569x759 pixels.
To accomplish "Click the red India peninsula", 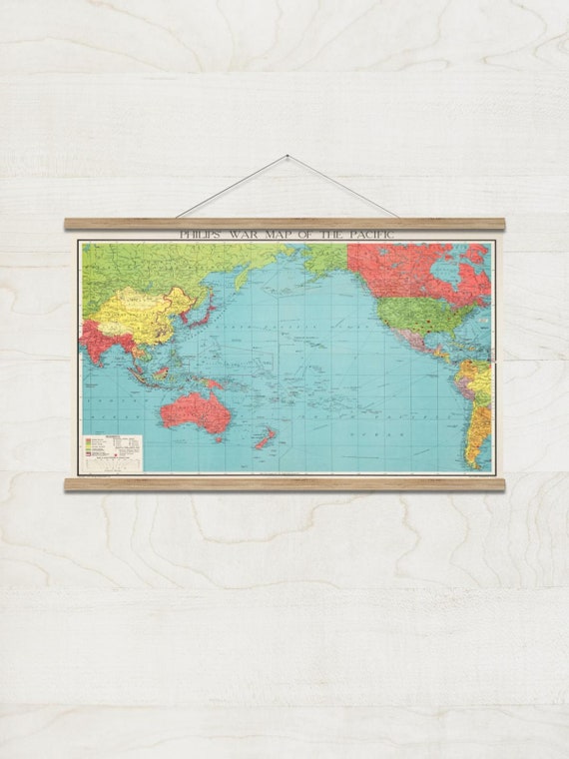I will pyautogui.click(x=99, y=345).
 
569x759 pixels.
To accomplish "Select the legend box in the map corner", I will pyautogui.click(x=113, y=451).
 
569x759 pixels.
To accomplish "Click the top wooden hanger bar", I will pyautogui.click(x=284, y=224).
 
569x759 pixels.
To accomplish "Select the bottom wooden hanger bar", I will pyautogui.click(x=284, y=483).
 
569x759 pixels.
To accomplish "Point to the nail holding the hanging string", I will pyautogui.click(x=286, y=156).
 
